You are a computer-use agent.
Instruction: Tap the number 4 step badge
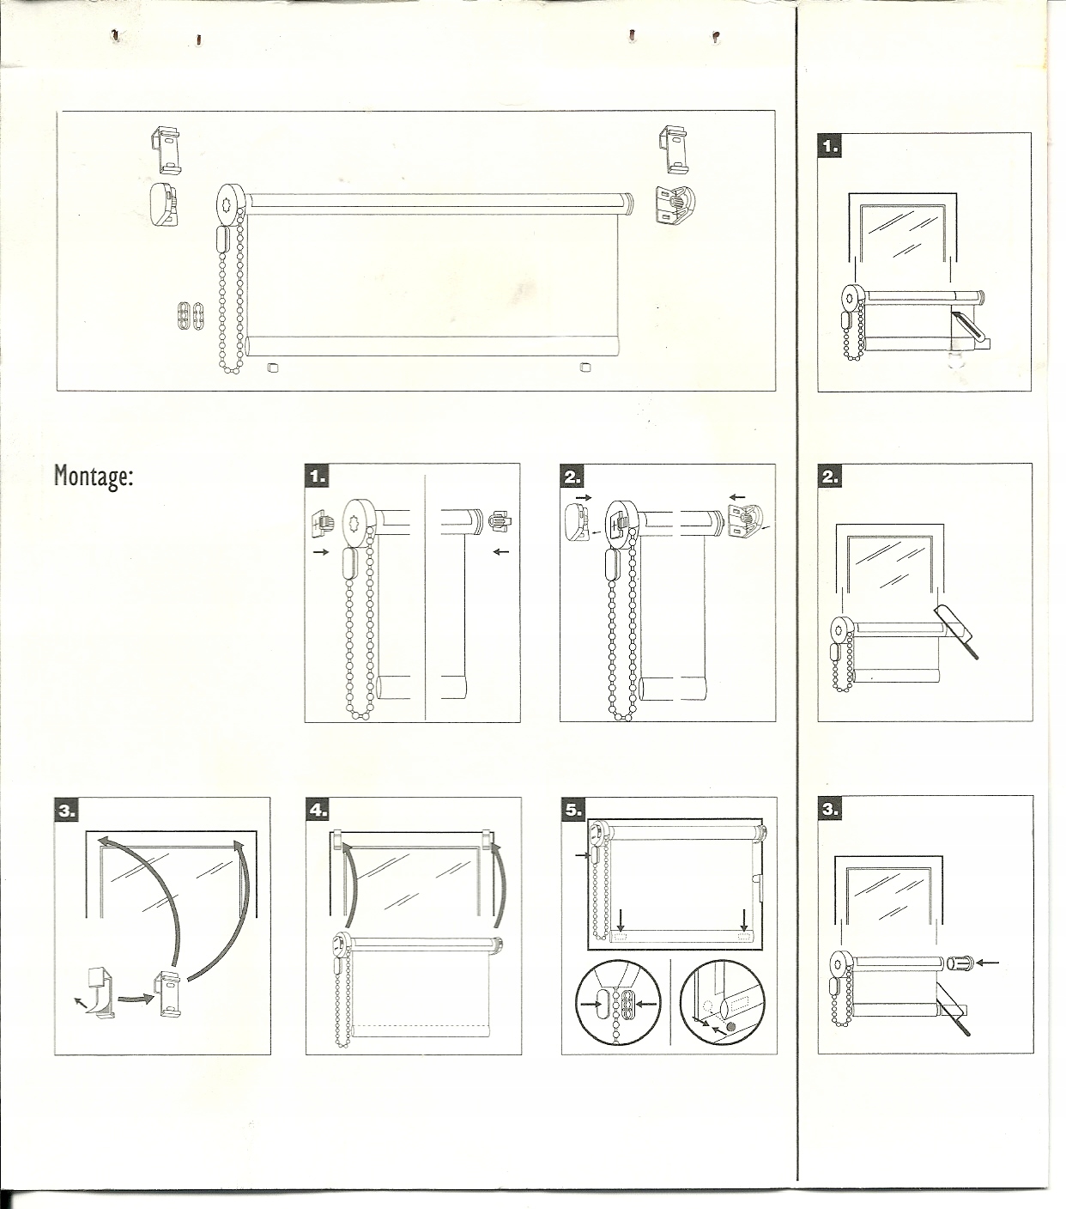point(318,810)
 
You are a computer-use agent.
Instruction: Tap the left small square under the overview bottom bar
point(274,368)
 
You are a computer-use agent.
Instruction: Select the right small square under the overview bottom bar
point(585,368)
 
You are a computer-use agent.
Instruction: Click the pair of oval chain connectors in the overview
point(190,316)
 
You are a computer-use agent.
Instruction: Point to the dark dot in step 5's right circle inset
point(731,1026)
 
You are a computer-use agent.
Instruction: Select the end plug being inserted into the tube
point(959,963)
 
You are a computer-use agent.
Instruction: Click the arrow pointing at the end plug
point(988,963)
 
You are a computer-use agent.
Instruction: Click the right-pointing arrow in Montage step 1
point(321,552)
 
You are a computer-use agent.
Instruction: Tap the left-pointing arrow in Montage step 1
point(502,550)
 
